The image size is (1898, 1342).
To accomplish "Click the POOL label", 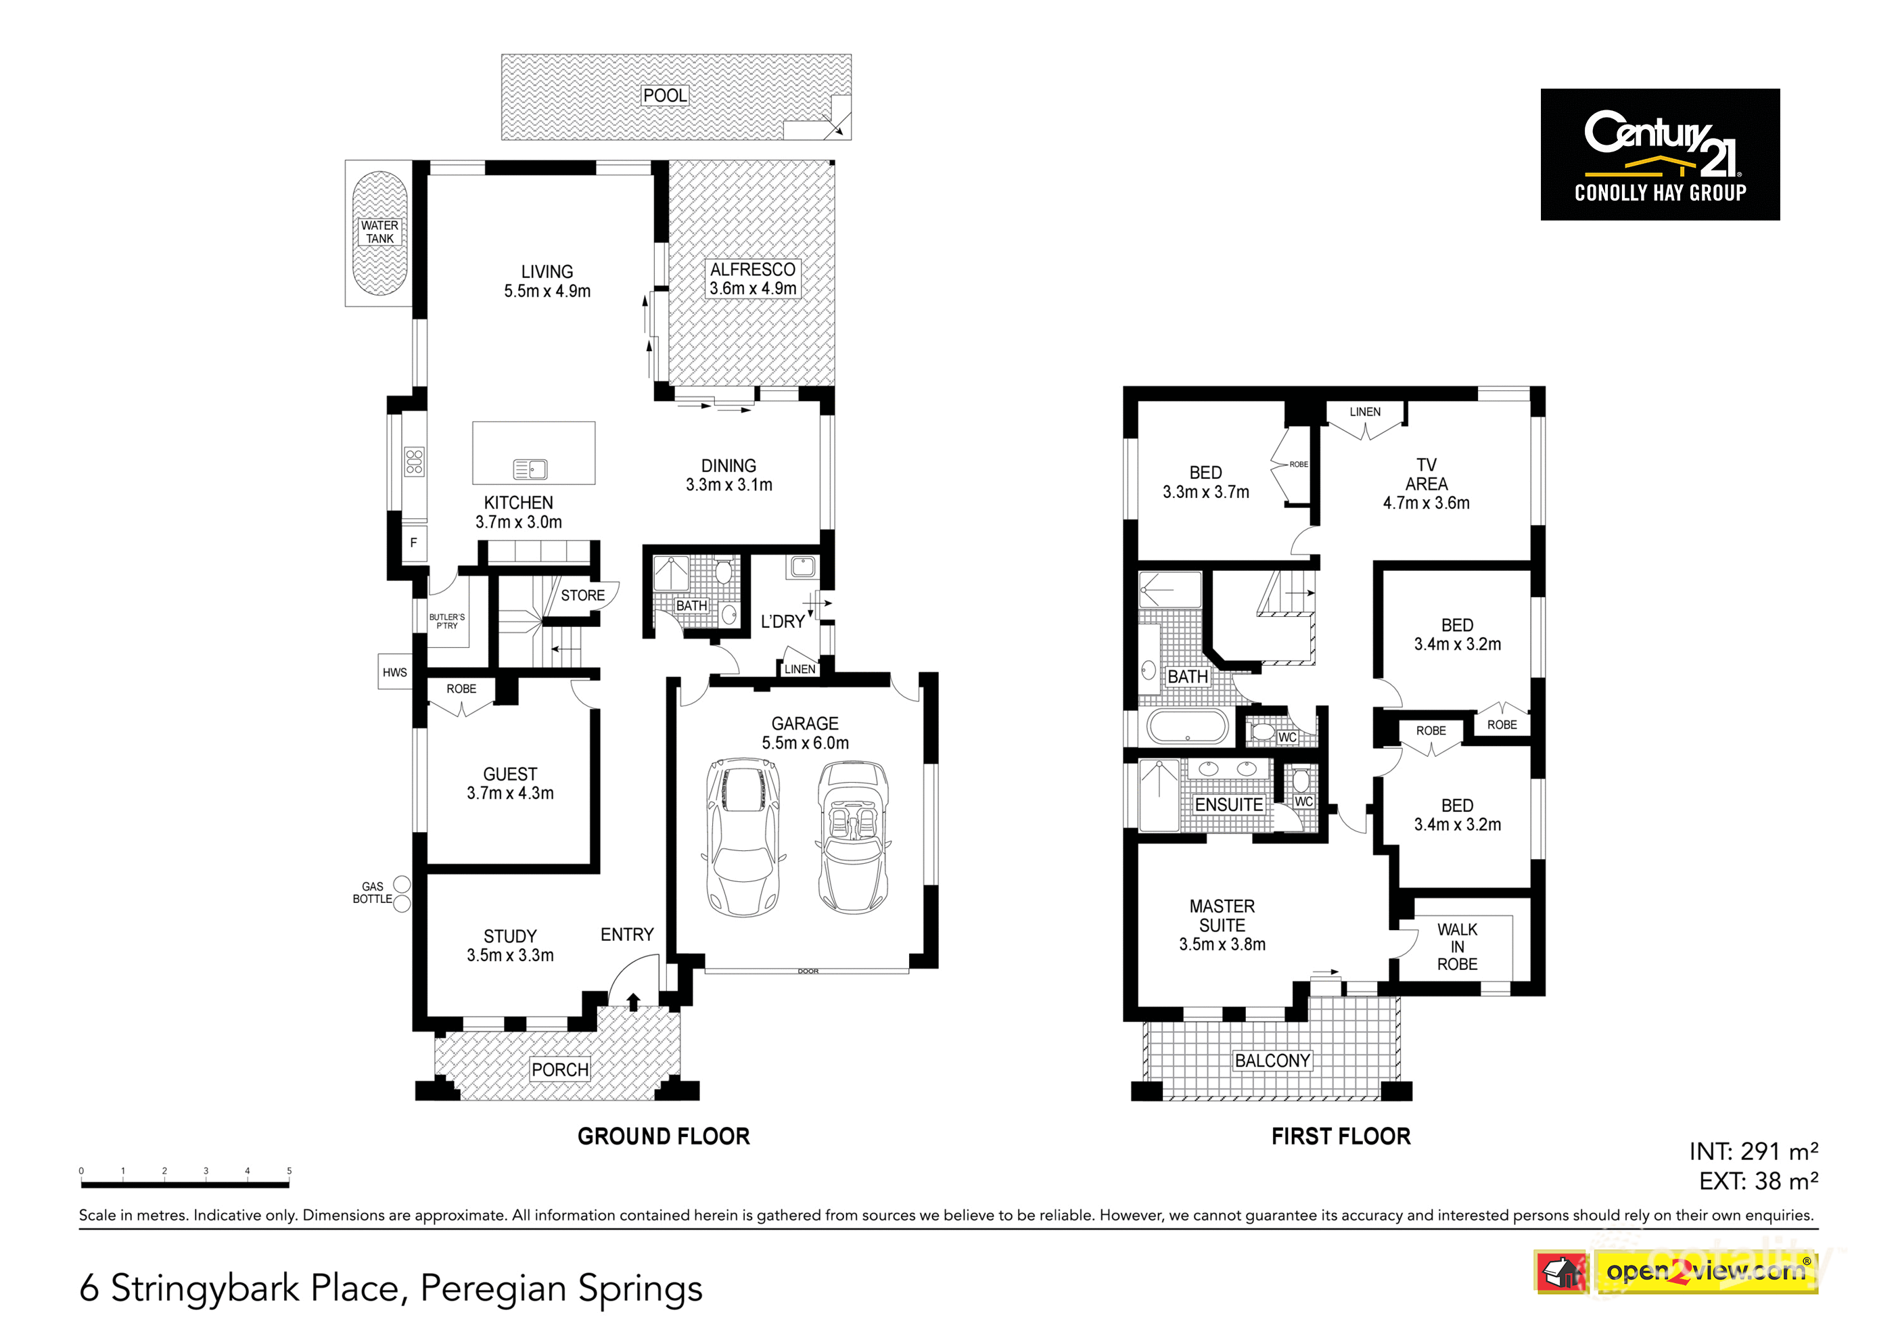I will point(665,95).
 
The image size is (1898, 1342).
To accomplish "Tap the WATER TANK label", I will point(379,231).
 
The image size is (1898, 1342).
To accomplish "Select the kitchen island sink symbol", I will point(530,469).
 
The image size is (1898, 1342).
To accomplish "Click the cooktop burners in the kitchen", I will point(414,461).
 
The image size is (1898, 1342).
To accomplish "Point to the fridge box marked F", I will point(413,542).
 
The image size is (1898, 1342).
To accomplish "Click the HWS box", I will point(394,672).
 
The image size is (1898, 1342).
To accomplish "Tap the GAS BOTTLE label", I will point(372,892).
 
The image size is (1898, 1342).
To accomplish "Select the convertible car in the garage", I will point(853,837).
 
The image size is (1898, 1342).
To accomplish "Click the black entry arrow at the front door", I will point(633,1002).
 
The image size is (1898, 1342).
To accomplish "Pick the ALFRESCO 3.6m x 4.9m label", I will point(752,279).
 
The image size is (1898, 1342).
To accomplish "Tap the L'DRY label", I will point(782,622).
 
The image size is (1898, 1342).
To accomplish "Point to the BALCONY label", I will point(1272,1061).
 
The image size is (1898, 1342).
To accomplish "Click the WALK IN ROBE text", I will point(1456,947).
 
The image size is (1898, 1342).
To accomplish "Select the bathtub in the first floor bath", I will point(1187,728).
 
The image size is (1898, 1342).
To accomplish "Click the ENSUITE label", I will point(1228,804).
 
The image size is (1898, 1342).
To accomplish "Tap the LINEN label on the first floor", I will point(1365,412).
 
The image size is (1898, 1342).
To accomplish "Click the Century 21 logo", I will point(1659,155).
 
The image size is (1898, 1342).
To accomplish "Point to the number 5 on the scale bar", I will point(290,1171).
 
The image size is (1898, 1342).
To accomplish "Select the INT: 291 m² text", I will point(1753,1152).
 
